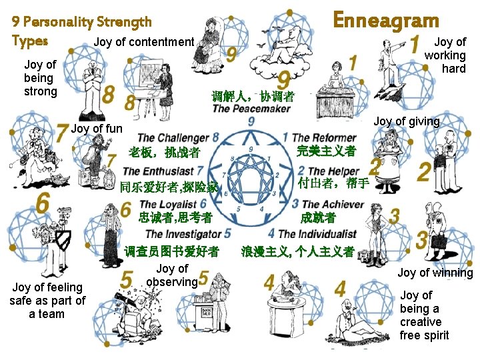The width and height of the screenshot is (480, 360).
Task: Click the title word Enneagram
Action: coord(385,20)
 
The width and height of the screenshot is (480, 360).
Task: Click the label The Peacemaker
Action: coord(251,109)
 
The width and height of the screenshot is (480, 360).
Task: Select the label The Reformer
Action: coord(324,138)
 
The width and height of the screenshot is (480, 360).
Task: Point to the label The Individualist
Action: coord(317,234)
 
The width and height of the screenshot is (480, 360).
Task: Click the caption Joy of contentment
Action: coord(144,42)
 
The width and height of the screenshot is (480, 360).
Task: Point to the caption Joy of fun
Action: coord(97,128)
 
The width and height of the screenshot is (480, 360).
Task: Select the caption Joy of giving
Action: coord(407,121)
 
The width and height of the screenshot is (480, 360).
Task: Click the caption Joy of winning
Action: coord(435,272)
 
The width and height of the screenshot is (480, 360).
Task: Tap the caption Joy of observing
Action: coord(172,275)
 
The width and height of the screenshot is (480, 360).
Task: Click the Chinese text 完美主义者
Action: coord(326,151)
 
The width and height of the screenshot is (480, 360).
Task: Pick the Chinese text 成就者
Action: coord(319,217)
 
